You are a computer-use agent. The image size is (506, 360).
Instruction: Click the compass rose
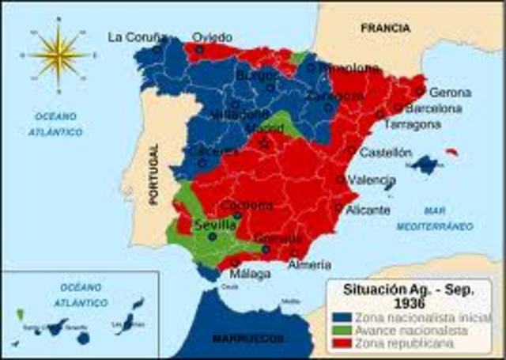pos(60,55)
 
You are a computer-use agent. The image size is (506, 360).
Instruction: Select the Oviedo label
pos(213,37)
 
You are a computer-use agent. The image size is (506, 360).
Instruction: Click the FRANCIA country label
pos(385,28)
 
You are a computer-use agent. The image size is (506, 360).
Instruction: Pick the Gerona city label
pos(450,93)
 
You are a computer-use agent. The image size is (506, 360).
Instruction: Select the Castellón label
pos(386,152)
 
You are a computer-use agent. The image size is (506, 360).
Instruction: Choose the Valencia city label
pos(371,180)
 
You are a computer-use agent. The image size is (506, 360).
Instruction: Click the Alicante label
pos(368,210)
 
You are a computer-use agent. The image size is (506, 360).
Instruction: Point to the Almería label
pos(309,265)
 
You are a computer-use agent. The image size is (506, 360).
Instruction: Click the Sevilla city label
pos(216,225)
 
